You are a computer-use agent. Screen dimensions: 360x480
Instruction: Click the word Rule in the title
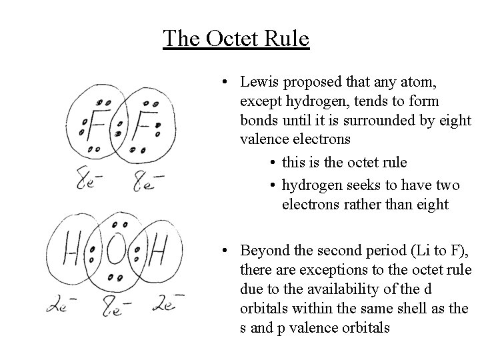click(288, 38)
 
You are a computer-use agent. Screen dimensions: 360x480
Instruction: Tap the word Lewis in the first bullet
click(261, 83)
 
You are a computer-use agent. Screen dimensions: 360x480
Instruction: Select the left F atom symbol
click(97, 125)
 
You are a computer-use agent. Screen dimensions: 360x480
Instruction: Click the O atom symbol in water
click(116, 250)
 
